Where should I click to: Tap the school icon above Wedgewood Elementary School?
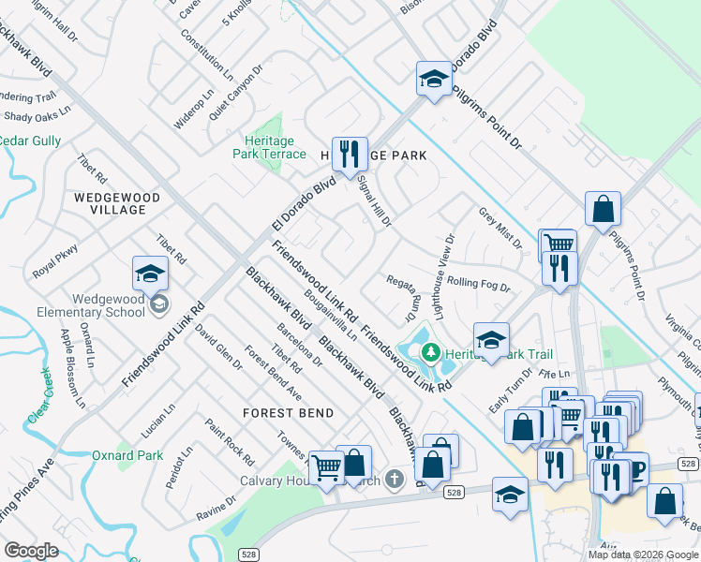click(150, 274)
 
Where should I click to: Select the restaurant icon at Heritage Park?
click(350, 155)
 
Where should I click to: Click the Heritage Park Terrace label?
click(269, 147)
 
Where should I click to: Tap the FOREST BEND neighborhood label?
click(289, 412)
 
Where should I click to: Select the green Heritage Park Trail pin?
click(431, 353)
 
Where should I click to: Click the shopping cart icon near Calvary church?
click(326, 466)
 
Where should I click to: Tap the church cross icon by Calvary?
click(395, 480)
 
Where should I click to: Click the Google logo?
click(31, 551)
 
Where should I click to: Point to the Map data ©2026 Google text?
click(644, 555)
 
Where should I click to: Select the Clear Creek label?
click(43, 401)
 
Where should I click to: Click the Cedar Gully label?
click(29, 140)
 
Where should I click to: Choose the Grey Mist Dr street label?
click(500, 228)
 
